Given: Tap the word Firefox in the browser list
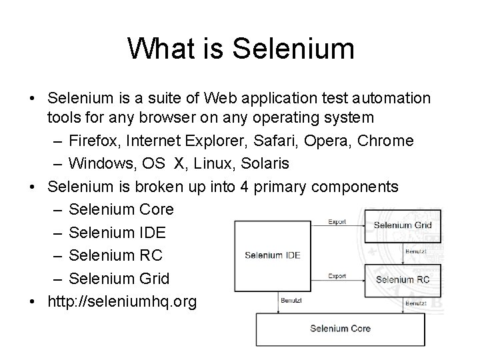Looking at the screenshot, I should point(95,141).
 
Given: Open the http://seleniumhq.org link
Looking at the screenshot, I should point(122,301).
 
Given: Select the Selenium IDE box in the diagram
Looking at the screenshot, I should point(273,255).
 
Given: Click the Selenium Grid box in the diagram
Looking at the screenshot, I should point(403,225).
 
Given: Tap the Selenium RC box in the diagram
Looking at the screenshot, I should point(403,279).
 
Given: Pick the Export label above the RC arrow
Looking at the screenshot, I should point(337,275).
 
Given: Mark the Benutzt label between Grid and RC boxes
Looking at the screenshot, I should point(416,251).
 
